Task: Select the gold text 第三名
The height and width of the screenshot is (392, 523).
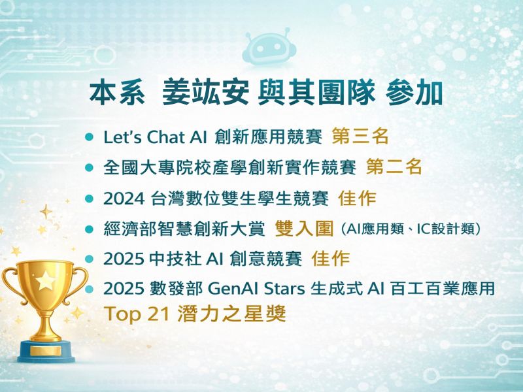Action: click(x=360, y=137)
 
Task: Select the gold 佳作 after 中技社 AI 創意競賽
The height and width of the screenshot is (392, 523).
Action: click(x=331, y=259)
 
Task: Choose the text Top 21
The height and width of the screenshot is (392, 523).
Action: click(x=138, y=314)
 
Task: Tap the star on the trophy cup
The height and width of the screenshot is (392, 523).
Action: click(x=46, y=281)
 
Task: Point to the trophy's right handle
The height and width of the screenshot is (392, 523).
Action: click(x=78, y=284)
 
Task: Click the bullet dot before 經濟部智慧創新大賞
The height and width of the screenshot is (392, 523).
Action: click(x=90, y=229)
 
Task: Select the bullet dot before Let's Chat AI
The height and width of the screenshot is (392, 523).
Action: click(x=90, y=137)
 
